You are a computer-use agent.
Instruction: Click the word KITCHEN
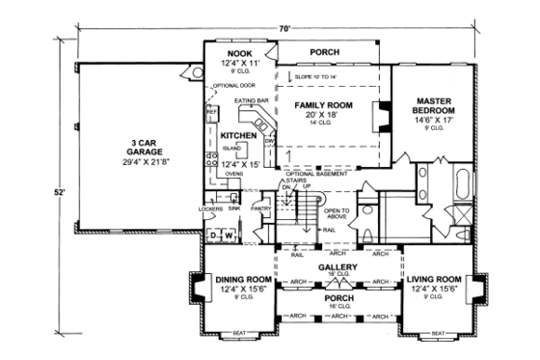[x=237, y=137]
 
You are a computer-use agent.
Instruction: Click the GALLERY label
[x=336, y=266]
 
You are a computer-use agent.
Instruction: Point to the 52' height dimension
[x=59, y=193]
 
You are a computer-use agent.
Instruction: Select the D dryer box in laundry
[x=213, y=235]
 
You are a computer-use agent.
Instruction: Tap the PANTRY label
[x=258, y=208]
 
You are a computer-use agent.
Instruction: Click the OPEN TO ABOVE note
[x=337, y=214]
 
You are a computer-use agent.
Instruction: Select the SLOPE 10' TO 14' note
[x=314, y=75]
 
